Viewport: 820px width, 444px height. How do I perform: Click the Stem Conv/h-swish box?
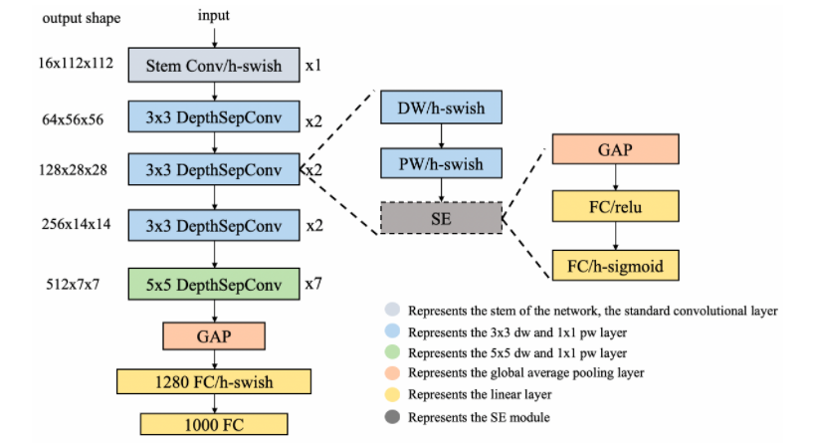tap(213, 66)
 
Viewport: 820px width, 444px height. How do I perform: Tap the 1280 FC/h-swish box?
tap(213, 381)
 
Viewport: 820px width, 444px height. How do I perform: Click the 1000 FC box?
tap(213, 422)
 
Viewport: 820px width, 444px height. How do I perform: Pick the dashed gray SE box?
tap(440, 216)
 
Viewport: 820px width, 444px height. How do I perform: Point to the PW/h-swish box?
tap(440, 162)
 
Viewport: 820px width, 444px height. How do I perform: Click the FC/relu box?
tap(615, 206)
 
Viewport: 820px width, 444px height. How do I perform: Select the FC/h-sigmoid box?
tap(615, 265)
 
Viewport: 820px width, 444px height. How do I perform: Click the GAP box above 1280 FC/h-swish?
tap(213, 335)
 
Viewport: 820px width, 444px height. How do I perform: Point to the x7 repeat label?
tap(313, 283)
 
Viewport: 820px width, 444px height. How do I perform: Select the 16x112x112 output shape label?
tap(75, 66)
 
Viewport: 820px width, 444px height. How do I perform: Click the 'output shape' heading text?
tap(76, 18)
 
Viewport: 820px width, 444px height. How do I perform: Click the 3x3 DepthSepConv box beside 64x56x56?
tap(213, 119)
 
